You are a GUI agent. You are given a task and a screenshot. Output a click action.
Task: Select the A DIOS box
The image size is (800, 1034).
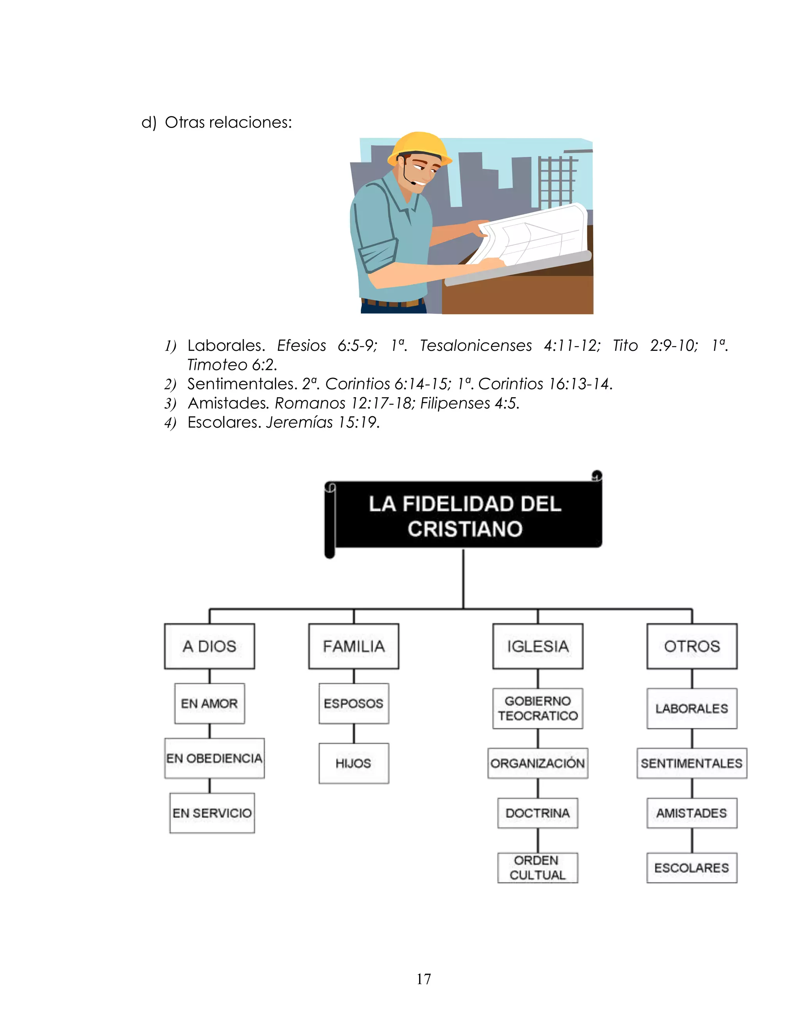point(209,646)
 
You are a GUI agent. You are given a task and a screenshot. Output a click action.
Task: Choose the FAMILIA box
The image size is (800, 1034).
point(354,646)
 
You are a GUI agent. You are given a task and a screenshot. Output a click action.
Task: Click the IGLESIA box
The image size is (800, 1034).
point(537,646)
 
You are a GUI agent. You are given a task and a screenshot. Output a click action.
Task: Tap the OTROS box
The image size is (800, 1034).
point(691,646)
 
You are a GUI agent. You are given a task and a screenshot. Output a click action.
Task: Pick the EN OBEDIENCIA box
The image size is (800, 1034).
point(214,758)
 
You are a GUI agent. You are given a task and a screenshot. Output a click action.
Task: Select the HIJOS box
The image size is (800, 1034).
point(354,763)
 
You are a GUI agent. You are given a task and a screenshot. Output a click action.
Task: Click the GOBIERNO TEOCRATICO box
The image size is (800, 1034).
point(537,708)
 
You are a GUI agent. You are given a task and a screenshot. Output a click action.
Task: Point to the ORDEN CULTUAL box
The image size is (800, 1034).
point(537,867)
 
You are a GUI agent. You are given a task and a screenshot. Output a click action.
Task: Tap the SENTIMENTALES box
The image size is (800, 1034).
point(691,763)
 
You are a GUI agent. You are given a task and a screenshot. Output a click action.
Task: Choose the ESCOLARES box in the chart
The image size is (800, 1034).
point(691,867)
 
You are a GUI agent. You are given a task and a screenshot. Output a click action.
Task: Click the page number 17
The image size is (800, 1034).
point(424,979)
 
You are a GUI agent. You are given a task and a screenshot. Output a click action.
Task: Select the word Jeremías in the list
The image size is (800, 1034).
point(299,422)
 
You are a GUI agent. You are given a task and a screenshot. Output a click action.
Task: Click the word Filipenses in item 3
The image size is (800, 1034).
point(455,403)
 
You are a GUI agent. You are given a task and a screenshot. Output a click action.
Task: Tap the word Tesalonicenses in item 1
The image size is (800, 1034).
point(475,346)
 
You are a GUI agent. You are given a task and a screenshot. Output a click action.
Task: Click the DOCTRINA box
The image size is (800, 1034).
point(537,813)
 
